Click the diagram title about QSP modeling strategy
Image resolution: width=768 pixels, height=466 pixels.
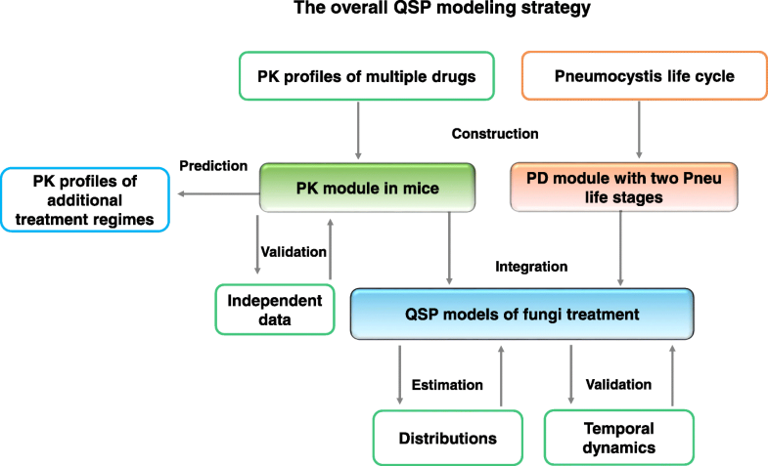click(x=383, y=12)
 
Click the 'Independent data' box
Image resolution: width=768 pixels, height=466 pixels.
click(x=275, y=309)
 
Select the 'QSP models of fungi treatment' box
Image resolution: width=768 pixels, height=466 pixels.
click(x=521, y=314)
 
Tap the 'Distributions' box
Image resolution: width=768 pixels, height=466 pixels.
click(x=449, y=437)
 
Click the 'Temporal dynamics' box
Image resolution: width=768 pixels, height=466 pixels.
click(x=618, y=437)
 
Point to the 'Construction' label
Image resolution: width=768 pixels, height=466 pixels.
click(x=496, y=133)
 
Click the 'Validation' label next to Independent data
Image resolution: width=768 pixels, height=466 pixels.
click(x=293, y=251)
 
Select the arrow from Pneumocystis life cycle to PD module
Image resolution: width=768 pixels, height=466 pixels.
click(x=640, y=128)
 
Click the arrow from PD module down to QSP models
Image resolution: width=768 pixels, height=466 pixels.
click(x=622, y=249)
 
